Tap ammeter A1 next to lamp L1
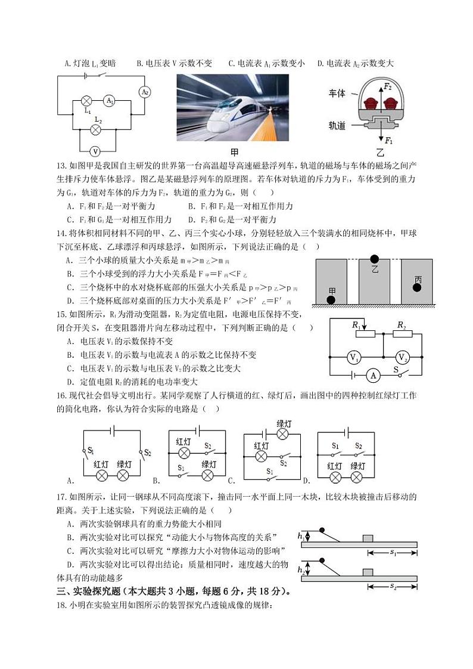click(110, 101)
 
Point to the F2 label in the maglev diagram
click(388, 86)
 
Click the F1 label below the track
click(388, 141)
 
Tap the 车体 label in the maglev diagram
click(337, 94)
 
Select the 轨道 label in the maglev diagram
click(337, 126)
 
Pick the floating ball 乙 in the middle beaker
click(374, 259)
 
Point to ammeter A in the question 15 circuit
click(373, 375)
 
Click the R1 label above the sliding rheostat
click(356, 324)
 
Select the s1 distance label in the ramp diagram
click(393, 553)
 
